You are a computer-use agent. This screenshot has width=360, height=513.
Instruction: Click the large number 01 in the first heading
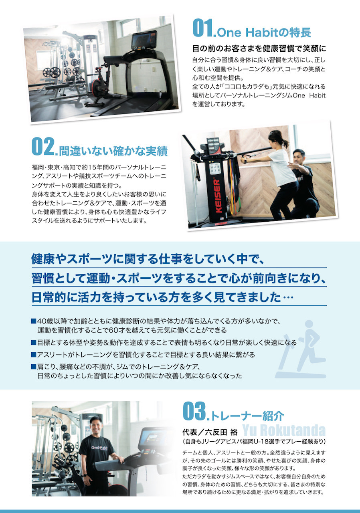point(203,28)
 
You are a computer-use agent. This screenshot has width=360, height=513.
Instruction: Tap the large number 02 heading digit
point(42,146)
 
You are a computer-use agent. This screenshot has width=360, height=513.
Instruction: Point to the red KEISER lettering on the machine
point(218,196)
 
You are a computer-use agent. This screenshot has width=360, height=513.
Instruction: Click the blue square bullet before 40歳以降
point(34,321)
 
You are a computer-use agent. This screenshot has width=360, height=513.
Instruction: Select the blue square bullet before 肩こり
point(34,367)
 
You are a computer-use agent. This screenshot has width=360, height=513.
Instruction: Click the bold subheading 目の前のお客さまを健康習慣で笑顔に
point(259,48)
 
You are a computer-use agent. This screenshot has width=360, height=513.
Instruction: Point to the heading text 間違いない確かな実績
point(113,151)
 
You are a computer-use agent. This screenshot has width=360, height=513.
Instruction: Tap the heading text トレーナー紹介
point(247,416)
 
